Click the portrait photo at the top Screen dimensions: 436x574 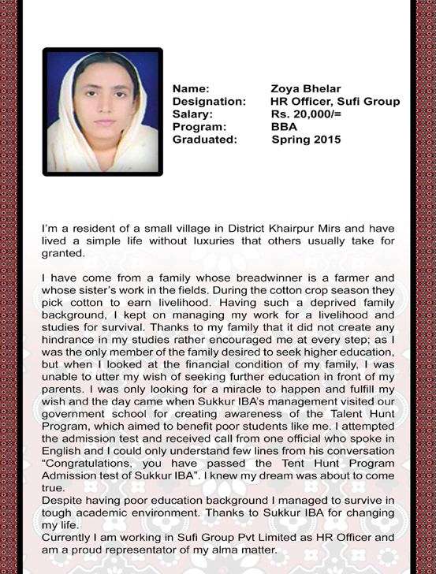102,111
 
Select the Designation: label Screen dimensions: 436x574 209,101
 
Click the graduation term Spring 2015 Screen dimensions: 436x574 306,140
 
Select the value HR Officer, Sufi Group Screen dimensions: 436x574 334,101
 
